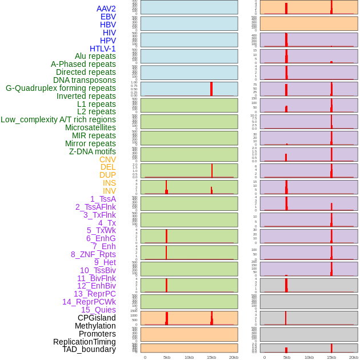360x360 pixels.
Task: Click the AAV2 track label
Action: point(106,9)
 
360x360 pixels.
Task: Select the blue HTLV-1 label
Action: point(103,49)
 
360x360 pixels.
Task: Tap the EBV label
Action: point(108,17)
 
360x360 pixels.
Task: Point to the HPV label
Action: point(108,41)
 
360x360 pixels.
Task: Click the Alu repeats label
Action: point(95,57)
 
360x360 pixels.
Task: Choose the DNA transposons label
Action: point(85,80)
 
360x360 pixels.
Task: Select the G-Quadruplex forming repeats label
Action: point(61,88)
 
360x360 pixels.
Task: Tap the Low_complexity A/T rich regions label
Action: point(58,119)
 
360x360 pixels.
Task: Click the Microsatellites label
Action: point(90,127)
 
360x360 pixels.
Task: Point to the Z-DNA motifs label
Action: point(93,151)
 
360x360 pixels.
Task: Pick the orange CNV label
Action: point(107,159)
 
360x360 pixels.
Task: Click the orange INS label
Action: point(109,183)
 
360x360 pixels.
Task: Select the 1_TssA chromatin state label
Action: point(103,199)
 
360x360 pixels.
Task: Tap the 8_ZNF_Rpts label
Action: point(93,254)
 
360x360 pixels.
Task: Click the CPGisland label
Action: point(97,318)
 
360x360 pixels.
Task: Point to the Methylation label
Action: point(95,326)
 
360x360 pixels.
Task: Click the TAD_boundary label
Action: point(89,349)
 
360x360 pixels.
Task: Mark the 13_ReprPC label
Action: point(94,294)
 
